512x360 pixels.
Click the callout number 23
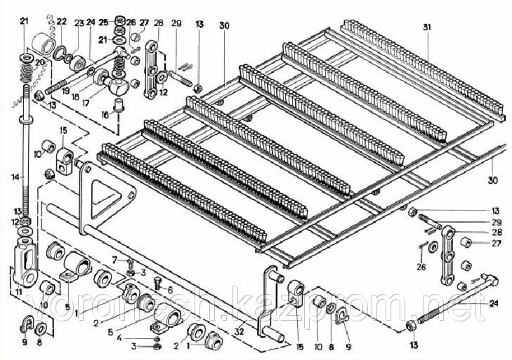pyautogui.click(x=77, y=22)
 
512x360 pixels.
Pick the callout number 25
pyautogui.click(x=103, y=22)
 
